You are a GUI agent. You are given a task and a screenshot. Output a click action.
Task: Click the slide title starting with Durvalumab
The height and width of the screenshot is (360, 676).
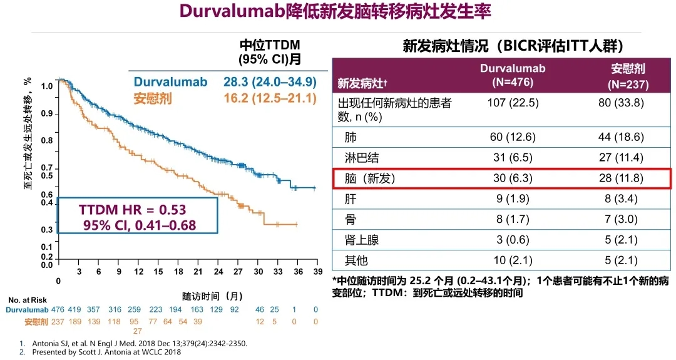tap(335, 12)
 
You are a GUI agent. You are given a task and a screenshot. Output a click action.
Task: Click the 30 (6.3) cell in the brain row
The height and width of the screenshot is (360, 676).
tap(513, 178)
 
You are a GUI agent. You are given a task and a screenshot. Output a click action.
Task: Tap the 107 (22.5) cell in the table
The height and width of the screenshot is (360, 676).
tap(513, 103)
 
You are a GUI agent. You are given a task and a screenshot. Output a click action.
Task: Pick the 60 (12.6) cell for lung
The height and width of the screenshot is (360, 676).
tap(513, 136)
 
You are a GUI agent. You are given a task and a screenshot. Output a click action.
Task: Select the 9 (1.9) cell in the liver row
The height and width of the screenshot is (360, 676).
tap(513, 199)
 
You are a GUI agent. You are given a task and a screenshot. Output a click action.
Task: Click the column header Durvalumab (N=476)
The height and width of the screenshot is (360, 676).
tap(513, 75)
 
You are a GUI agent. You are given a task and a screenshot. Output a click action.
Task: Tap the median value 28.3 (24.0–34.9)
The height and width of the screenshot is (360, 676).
tap(270, 82)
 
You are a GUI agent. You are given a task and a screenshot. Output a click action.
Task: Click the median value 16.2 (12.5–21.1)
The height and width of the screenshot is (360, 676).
tap(270, 98)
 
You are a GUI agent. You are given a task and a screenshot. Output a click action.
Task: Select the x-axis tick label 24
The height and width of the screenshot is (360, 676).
tap(218, 272)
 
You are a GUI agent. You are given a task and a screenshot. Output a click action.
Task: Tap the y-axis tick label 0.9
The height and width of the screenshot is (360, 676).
tap(46, 113)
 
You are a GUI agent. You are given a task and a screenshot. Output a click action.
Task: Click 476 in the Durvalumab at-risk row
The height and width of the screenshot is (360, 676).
tap(58, 309)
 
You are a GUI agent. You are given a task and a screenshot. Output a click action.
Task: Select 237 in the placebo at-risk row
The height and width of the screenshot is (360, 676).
tap(58, 321)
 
